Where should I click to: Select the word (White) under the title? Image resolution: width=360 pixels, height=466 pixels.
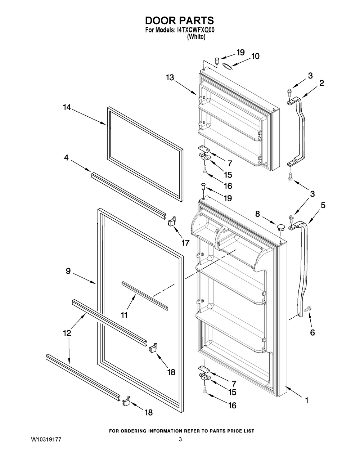pos(196,37)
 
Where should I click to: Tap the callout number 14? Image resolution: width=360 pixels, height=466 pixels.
pos(67,107)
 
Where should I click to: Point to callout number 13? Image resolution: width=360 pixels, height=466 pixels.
pos(170,77)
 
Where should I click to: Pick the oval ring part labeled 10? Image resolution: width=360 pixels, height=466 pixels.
pos(227,65)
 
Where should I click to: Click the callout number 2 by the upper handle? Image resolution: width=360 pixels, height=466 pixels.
pos(321,83)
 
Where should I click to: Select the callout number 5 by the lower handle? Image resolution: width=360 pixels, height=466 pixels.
pos(323,205)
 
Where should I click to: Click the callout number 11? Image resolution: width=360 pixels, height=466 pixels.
pos(124,315)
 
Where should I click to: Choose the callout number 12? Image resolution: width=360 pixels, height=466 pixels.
pos(67,333)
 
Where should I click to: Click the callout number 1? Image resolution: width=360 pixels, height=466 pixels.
pos(307,400)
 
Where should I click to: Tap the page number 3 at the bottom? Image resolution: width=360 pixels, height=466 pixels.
pos(181,439)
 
